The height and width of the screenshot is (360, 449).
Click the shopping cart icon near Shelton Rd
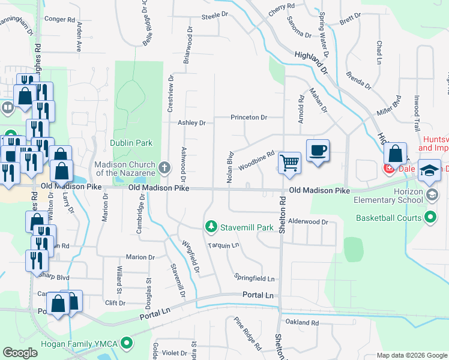point(289,162)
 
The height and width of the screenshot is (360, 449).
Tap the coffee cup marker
point(318,150)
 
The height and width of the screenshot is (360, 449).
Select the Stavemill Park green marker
point(211,227)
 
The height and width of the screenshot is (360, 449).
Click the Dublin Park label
point(131,143)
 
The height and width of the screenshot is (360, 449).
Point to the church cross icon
point(166,166)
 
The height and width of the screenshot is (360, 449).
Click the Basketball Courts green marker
point(430,218)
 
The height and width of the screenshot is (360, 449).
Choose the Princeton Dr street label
point(249,118)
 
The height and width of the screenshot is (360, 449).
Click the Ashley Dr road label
point(191,123)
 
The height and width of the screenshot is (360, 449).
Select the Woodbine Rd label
point(256,160)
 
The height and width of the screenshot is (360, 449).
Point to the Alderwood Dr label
point(309,222)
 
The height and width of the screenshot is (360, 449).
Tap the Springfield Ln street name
point(255,279)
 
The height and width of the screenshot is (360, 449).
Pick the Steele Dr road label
point(215,15)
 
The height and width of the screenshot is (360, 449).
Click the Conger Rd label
point(59,19)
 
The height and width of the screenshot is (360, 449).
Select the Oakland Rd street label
point(302,323)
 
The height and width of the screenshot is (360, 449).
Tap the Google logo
point(20,353)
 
